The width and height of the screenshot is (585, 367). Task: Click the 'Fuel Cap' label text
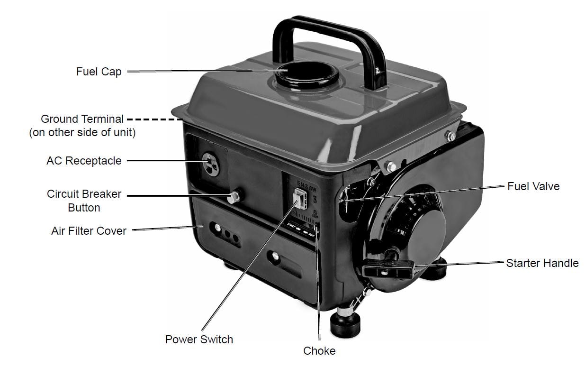click(x=99, y=72)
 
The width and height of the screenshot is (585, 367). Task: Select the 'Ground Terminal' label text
click(x=82, y=119)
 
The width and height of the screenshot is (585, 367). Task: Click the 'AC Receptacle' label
click(x=84, y=161)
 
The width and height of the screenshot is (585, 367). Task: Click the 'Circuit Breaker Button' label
click(x=84, y=201)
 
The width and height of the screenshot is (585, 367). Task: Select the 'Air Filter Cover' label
click(x=89, y=231)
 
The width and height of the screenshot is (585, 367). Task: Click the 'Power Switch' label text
click(x=199, y=339)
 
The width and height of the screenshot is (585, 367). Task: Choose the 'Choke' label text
click(x=319, y=351)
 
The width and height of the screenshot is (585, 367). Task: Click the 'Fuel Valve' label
click(x=533, y=186)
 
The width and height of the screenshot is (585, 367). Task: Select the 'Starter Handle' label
click(x=542, y=263)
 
